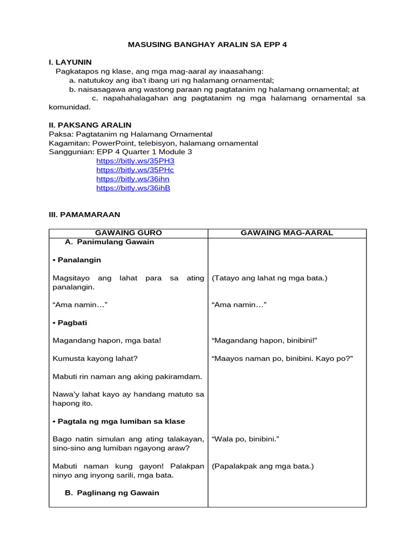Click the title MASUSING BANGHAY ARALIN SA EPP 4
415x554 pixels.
(207, 44)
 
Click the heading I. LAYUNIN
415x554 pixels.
(70, 62)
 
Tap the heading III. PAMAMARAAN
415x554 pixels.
(84, 214)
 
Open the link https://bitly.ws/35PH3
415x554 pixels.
(135, 161)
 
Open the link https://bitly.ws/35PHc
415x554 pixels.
(135, 170)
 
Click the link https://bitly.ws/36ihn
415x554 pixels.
(133, 179)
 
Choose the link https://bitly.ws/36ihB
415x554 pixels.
(133, 188)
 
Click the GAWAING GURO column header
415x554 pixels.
(128, 233)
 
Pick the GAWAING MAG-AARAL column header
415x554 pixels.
(286, 233)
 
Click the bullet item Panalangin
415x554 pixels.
(77, 260)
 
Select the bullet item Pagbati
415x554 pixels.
(70, 322)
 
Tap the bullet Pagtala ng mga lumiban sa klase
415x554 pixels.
(119, 421)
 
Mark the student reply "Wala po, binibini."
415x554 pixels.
(245, 439)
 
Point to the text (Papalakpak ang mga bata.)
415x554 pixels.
(263, 466)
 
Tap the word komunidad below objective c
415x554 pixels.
(70, 107)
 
